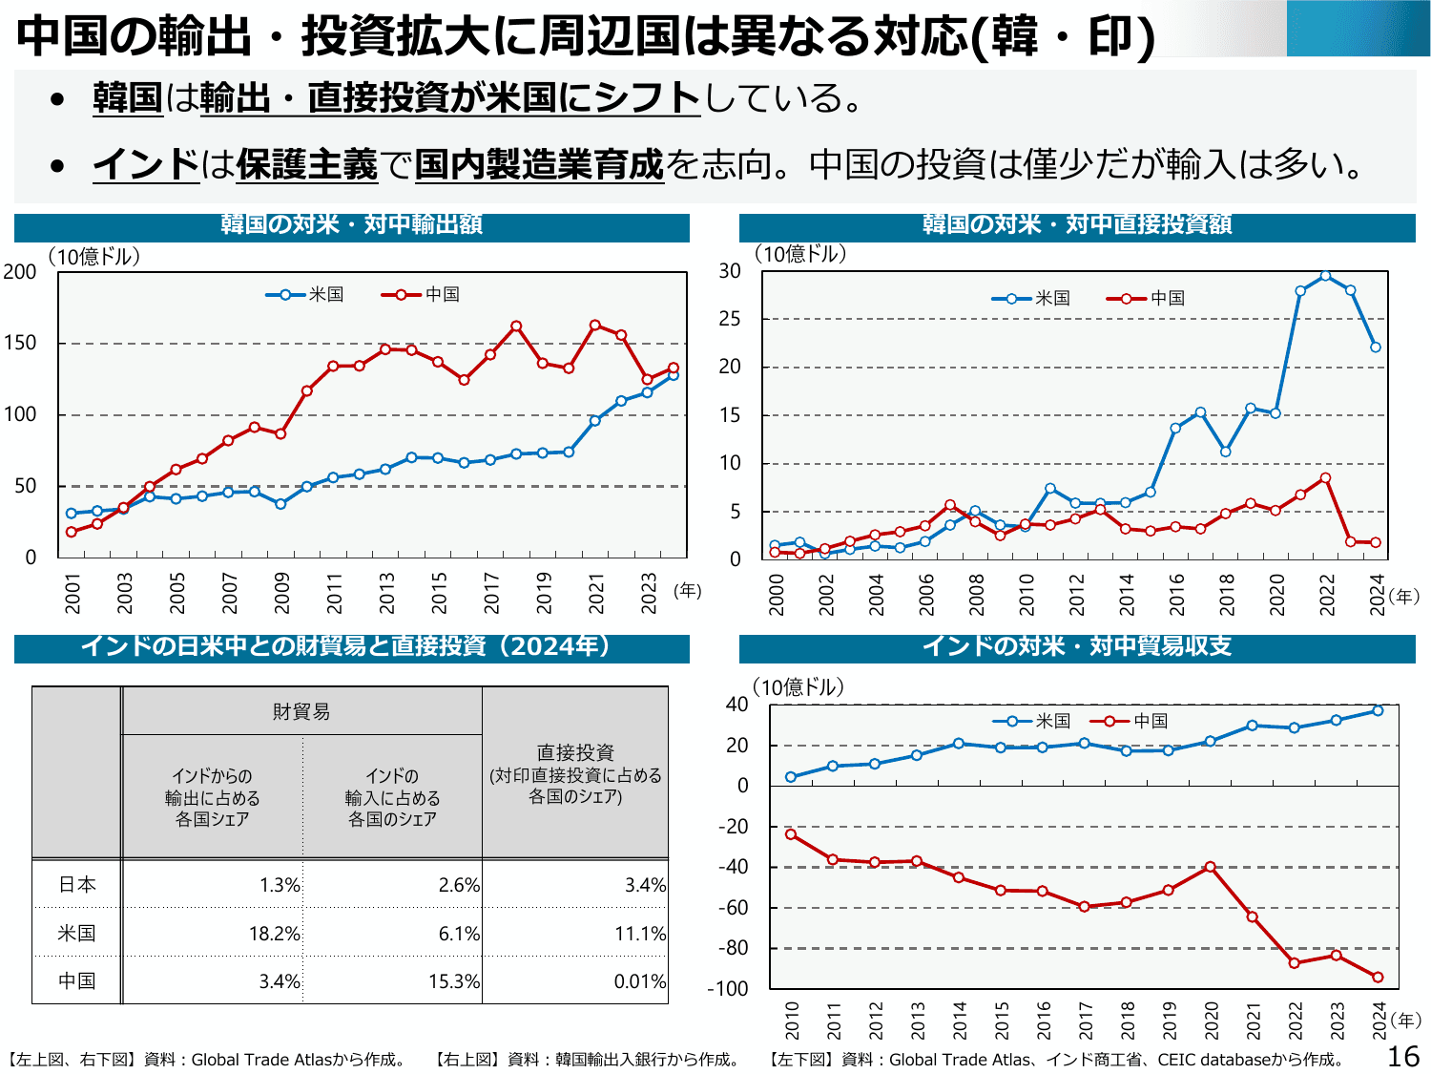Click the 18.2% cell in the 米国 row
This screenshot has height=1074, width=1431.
[274, 934]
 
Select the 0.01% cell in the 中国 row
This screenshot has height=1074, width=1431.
[639, 981]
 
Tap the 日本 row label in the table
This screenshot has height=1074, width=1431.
[77, 885]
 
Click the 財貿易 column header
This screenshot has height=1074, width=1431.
[301, 711]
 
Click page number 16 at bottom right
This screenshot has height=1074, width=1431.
[1402, 1057]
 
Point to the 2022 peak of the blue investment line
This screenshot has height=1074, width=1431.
[1325, 276]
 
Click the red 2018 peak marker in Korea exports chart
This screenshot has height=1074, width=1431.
[516, 326]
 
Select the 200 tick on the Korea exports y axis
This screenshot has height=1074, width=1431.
[20, 272]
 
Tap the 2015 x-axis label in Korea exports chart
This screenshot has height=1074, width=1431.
[440, 593]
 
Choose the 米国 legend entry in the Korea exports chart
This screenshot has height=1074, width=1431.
[305, 294]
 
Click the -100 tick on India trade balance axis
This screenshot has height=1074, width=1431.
[728, 989]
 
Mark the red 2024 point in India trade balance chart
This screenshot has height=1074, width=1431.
[1378, 977]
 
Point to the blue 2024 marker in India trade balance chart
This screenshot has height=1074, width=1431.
[1378, 710]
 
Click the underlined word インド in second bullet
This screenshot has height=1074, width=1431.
[146, 164]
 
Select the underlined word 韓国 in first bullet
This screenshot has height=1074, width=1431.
[128, 97]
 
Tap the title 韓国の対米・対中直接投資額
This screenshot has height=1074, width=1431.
[1077, 224]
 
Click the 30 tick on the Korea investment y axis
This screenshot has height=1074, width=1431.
[730, 271]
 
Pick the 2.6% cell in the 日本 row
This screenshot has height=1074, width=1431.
[459, 885]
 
